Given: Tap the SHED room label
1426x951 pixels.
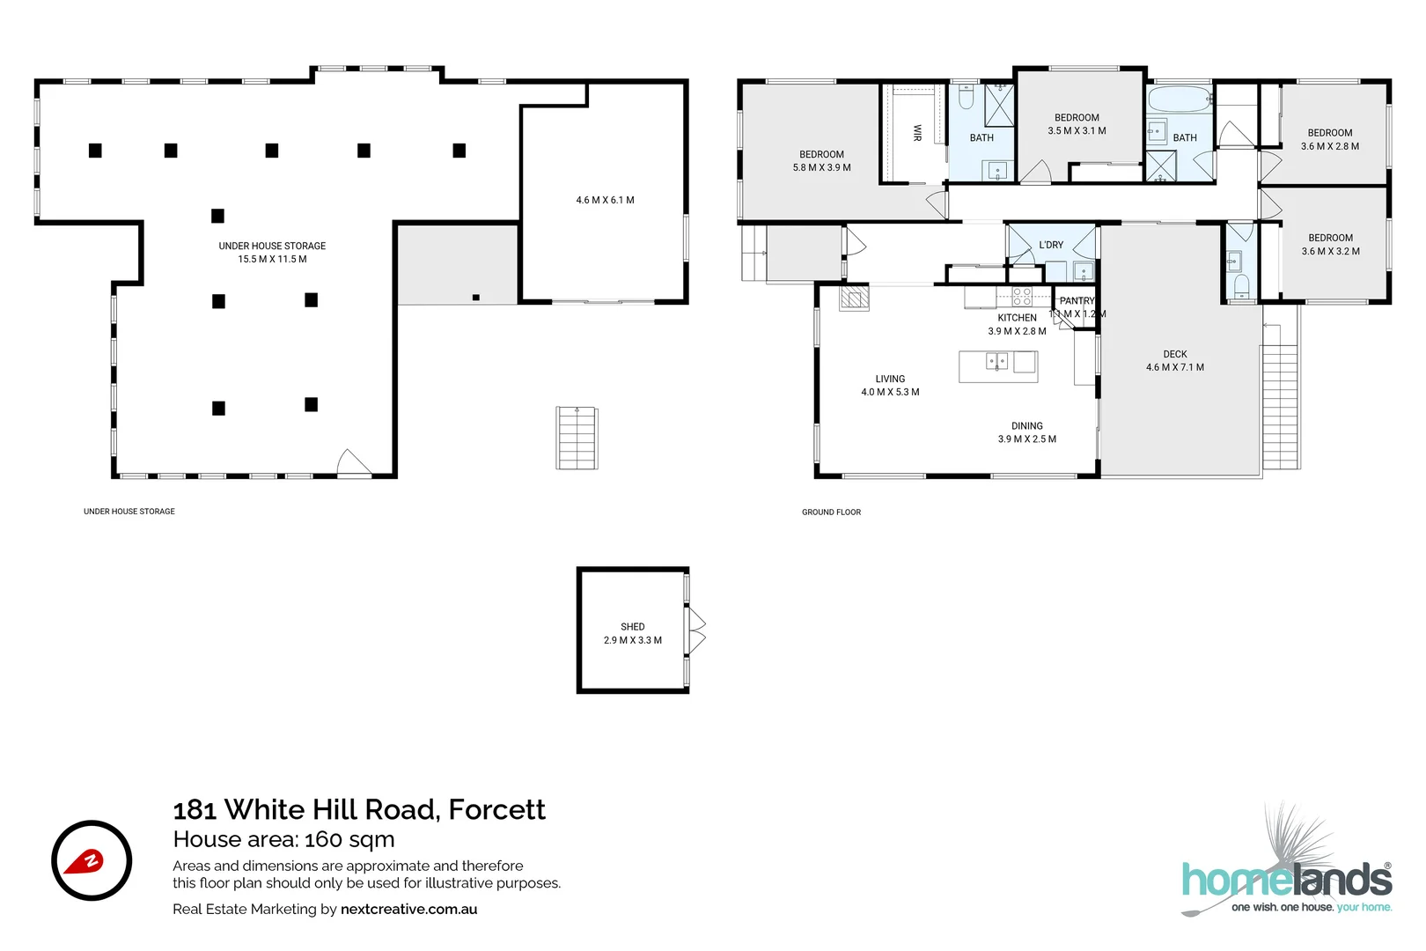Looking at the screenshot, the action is point(632,627).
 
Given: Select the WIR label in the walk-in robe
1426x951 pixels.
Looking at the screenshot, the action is point(917,132).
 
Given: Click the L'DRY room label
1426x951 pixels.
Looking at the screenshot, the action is point(1051,245).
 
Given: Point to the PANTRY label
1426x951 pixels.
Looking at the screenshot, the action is point(1077,300).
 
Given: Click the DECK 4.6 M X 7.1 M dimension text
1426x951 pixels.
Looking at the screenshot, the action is point(1175,367).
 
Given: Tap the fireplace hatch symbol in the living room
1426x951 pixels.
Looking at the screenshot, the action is point(855,299).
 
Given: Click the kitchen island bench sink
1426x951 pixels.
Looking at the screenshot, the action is point(997,362).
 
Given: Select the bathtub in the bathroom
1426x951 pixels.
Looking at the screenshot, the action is point(1179,100).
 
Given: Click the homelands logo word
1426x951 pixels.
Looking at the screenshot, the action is point(1287,880).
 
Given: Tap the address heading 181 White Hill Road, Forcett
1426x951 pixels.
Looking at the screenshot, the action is point(359,809).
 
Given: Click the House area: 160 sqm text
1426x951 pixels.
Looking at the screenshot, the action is point(284,839).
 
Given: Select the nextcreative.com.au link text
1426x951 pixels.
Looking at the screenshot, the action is point(408,909).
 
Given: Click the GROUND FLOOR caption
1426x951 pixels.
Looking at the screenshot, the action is point(832,512).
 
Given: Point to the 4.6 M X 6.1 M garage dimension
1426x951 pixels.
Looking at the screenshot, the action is point(605,200).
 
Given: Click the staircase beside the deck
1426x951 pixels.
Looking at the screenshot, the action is point(1280,407).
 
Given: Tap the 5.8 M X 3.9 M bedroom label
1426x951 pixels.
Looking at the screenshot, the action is point(822,167).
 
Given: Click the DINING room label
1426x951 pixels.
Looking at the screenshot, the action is point(1027,425).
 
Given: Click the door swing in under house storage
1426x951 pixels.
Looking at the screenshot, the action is point(354,461).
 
